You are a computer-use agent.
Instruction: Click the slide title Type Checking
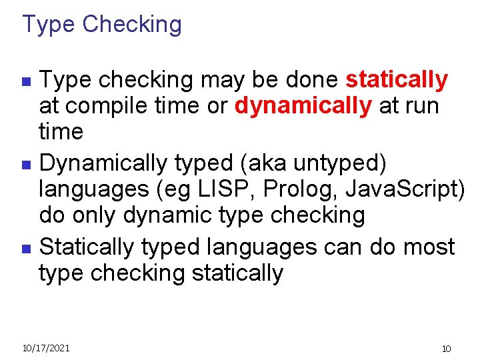click(x=102, y=25)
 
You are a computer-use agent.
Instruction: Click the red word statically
click(x=397, y=80)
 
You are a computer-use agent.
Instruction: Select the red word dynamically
click(x=303, y=106)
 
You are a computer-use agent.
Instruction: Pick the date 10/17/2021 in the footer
click(x=46, y=347)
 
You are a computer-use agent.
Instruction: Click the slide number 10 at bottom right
click(x=447, y=349)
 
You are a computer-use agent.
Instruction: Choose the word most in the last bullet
click(x=429, y=247)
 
